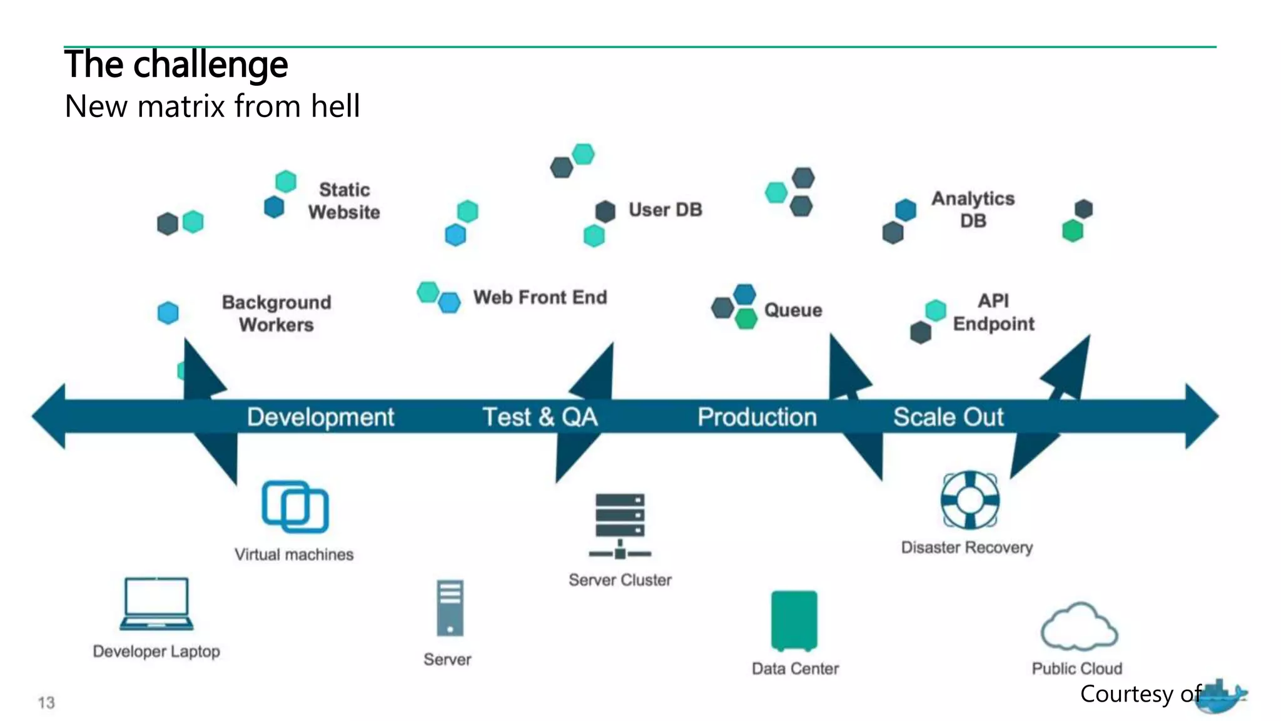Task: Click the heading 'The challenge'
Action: pos(176,64)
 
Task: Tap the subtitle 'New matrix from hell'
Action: pos(212,106)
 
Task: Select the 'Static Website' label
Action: pos(344,201)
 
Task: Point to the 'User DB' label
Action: pos(665,210)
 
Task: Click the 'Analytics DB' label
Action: pos(973,210)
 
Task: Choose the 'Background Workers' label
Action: pos(276,314)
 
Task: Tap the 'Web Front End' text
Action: pos(540,297)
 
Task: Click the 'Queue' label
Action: pos(793,310)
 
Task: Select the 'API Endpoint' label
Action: pos(993,312)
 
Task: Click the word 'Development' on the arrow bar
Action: pos(320,417)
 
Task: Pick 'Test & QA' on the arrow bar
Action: pos(540,417)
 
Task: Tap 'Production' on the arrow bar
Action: pos(757,417)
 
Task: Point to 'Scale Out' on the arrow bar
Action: pos(948,417)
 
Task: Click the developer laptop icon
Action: pos(156,603)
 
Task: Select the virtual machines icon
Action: pos(295,506)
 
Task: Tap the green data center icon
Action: pos(794,620)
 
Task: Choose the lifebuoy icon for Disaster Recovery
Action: pos(970,500)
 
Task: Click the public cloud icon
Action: pos(1079,628)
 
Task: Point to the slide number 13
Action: pos(46,703)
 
